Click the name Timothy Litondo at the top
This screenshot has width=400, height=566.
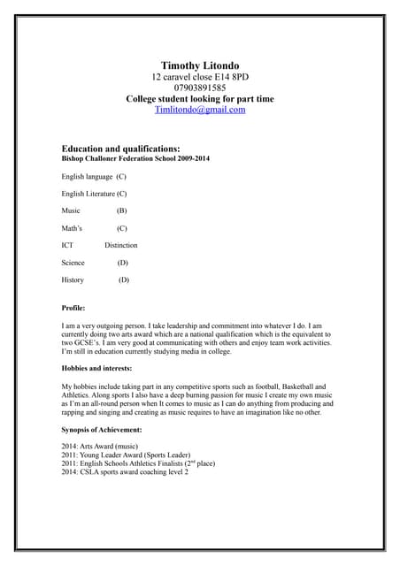pos(200,65)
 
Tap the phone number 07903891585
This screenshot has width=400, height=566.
pos(200,88)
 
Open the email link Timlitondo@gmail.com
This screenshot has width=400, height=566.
pos(200,110)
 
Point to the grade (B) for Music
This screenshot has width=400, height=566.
pos(121,210)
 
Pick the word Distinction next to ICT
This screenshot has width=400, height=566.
pos(121,245)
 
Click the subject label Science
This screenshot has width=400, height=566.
pos(73,263)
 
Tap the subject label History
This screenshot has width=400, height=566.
pos(73,280)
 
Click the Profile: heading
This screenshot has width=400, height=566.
pos(73,308)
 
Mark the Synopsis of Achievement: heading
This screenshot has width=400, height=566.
pos(102,429)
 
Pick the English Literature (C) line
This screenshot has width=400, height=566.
pos(94,193)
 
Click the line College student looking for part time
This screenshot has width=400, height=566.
pos(200,99)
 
